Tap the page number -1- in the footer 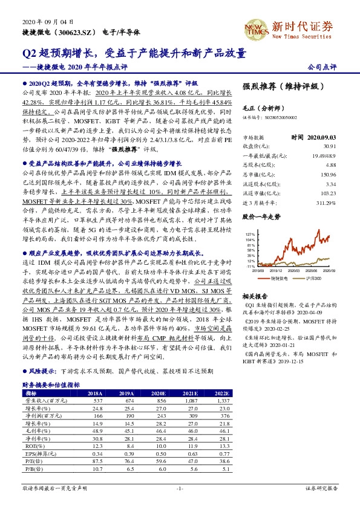tap(180, 487)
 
